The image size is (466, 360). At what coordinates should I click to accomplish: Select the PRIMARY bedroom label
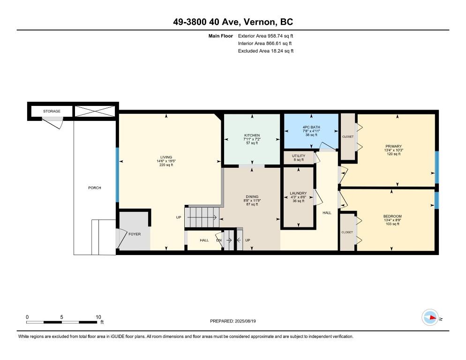[x=394, y=146]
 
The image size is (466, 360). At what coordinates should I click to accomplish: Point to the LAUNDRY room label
[x=298, y=193]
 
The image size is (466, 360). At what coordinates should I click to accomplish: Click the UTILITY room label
[x=298, y=156]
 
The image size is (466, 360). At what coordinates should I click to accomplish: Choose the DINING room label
[x=252, y=197]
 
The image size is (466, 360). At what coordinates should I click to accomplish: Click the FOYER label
[x=135, y=234]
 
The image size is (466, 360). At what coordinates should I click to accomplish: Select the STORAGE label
[x=52, y=112]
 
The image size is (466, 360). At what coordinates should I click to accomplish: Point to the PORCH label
[x=95, y=188]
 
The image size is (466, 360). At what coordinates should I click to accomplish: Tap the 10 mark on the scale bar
[x=98, y=317]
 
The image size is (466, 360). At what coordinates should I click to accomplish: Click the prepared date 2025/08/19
[x=233, y=321]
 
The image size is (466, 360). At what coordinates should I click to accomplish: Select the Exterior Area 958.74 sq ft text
[x=265, y=36]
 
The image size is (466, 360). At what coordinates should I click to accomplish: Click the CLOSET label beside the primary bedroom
[x=348, y=137]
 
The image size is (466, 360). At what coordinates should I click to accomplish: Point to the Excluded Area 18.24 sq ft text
[x=265, y=51]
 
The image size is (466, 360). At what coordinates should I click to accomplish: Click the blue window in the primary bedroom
[x=436, y=167]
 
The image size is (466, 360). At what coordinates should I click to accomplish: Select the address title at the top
[x=233, y=22]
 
